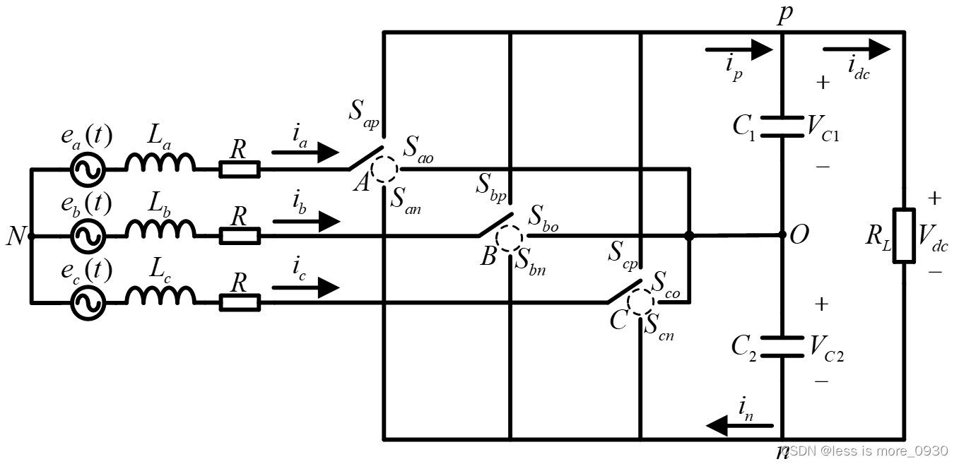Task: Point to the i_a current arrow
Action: [x=306, y=152]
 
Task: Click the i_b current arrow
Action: [x=306, y=221]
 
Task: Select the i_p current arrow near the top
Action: [x=740, y=49]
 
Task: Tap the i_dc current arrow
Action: [x=857, y=49]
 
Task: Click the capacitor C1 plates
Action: [x=782, y=127]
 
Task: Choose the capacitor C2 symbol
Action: [x=782, y=347]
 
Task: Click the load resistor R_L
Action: [x=904, y=236]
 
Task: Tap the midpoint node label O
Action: [x=799, y=235]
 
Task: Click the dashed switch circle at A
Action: [x=385, y=169]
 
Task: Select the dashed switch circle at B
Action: [x=510, y=236]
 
